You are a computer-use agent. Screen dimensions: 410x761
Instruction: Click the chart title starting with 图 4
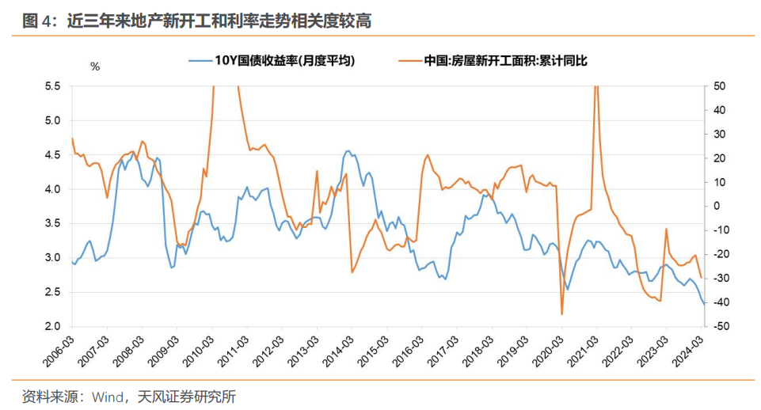click(197, 21)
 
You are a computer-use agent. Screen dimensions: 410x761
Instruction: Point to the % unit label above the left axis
click(95, 66)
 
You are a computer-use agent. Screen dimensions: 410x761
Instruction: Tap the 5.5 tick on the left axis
click(51, 85)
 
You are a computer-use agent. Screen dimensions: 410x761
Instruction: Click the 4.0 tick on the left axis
click(51, 189)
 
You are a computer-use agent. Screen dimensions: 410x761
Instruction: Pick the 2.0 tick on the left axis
click(51, 326)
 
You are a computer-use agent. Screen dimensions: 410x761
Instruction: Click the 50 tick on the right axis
click(720, 85)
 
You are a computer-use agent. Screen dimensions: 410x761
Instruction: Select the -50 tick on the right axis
click(721, 326)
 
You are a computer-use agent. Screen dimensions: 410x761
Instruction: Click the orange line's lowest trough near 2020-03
click(562, 314)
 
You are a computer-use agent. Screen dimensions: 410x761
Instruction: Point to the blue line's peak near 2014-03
click(348, 150)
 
